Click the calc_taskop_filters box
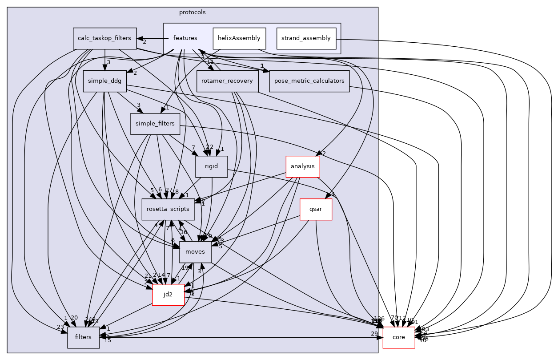coord(104,38)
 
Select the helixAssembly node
coord(239,38)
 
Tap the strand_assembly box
coord(306,38)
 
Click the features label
coord(185,38)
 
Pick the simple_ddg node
coord(104,81)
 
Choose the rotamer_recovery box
coord(227,81)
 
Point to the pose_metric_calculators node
coord(309,81)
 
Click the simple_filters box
coord(155,124)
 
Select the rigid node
coord(212,167)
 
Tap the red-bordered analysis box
coord(302,167)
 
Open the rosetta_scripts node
coord(169,209)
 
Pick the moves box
coord(195,252)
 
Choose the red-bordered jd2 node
coord(168,295)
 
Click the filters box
coord(83,337)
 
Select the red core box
coord(398,337)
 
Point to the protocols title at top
coord(192,12)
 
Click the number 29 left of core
coord(374,333)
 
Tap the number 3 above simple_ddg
coord(108,62)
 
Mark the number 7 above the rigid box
coord(193,148)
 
